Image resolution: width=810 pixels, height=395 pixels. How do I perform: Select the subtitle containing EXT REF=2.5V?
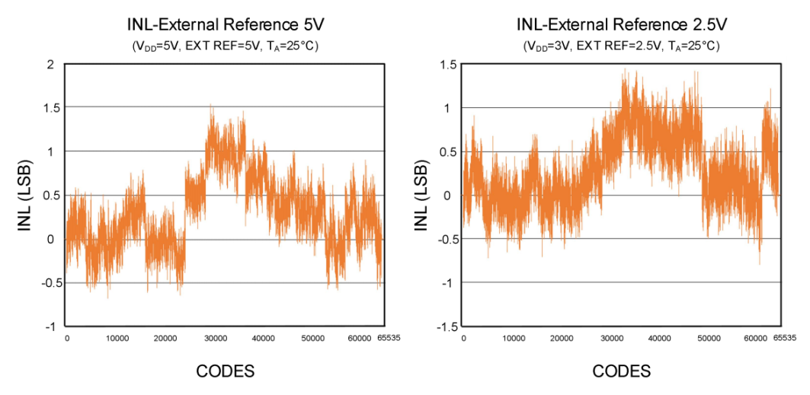(621, 46)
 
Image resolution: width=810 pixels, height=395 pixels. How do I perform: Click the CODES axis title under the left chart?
(225, 371)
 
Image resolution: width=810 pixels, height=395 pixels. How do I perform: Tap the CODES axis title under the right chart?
(621, 371)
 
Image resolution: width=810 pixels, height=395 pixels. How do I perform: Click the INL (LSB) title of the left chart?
(24, 195)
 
